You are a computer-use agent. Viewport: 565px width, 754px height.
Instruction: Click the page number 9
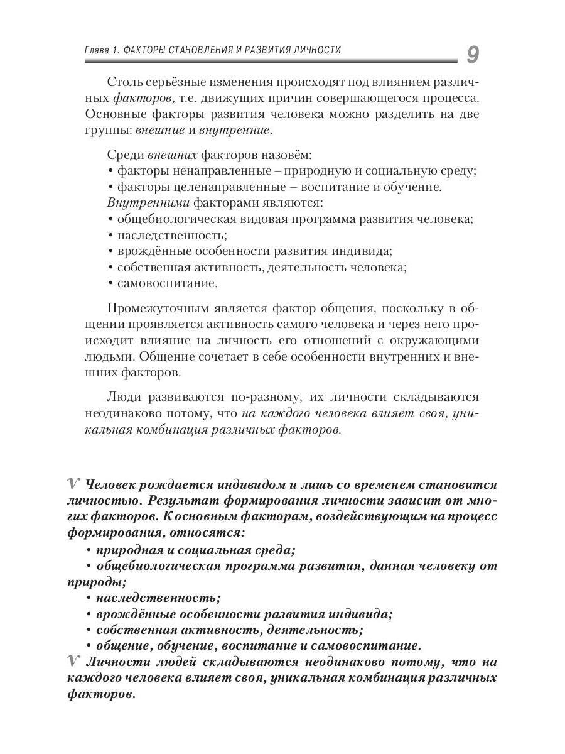click(472, 55)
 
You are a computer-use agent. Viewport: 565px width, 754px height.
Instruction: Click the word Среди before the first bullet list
click(125, 155)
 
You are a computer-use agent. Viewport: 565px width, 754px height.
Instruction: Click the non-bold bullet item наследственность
click(171, 235)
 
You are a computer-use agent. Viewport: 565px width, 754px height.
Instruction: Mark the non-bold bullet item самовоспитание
click(167, 283)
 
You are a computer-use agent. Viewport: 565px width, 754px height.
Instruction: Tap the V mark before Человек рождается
click(73, 484)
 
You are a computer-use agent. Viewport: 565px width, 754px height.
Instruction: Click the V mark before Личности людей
click(73, 661)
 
